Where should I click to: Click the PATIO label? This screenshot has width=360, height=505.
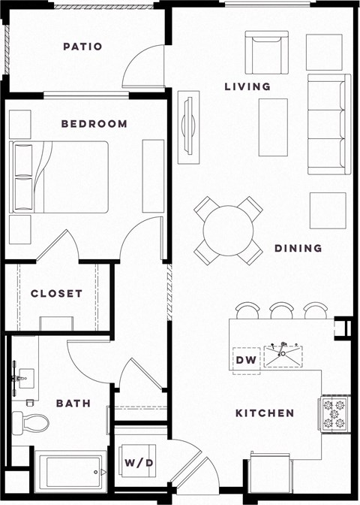[82, 47]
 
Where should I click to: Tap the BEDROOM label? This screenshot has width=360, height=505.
[94, 124]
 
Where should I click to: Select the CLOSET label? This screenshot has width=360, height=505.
[56, 293]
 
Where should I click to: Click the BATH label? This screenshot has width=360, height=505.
[73, 404]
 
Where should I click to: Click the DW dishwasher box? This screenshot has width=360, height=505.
[246, 361]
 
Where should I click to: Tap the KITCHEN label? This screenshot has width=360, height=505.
[265, 413]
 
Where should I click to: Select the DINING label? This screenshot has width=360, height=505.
[298, 248]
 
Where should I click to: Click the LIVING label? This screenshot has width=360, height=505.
[247, 87]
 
